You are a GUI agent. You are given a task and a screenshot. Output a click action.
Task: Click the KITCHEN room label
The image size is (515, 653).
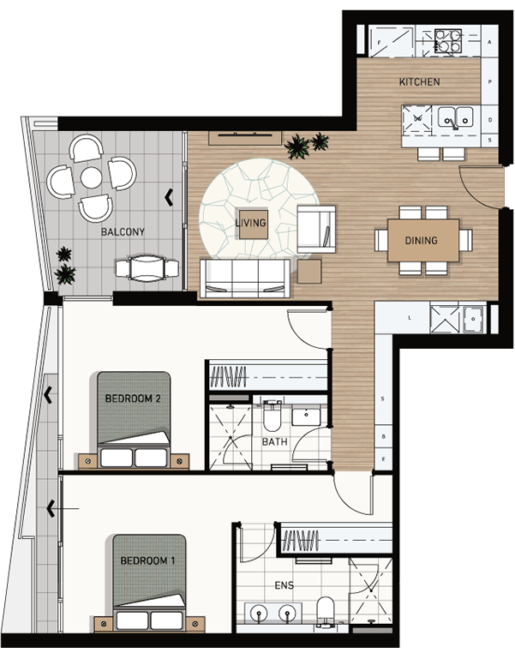(419, 81)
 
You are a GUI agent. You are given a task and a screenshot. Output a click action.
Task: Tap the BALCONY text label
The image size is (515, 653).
(123, 231)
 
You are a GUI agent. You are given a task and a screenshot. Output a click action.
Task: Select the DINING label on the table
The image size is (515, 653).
(421, 240)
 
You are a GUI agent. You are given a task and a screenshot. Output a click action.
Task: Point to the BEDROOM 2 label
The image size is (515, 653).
(133, 398)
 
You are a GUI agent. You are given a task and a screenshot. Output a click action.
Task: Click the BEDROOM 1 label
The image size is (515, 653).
(147, 560)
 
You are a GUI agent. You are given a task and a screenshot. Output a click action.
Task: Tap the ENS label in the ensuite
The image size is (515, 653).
(284, 585)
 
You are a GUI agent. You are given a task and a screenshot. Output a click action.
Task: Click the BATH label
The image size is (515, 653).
(274, 442)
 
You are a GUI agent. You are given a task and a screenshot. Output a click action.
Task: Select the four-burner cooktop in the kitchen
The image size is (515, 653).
(447, 41)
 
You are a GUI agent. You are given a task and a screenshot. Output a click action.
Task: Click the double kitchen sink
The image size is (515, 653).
(456, 117)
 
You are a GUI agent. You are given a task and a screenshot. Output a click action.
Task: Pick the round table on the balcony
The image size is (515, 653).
(91, 178)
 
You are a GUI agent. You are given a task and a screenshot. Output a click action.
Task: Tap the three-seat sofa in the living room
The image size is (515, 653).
(245, 279)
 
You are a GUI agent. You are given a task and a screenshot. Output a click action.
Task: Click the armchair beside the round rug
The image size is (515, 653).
(316, 229)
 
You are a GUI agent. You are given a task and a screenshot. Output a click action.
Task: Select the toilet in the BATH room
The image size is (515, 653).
(272, 416)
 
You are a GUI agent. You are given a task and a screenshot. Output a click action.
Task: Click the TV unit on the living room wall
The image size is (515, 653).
(245, 138)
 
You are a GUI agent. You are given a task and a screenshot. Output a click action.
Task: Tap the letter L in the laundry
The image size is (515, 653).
(410, 318)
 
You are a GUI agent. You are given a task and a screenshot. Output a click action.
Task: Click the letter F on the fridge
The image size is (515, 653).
(379, 43)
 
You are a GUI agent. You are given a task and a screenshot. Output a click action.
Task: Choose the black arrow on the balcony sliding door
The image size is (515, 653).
(169, 197)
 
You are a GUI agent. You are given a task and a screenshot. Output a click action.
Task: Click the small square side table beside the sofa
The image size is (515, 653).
(309, 272)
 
